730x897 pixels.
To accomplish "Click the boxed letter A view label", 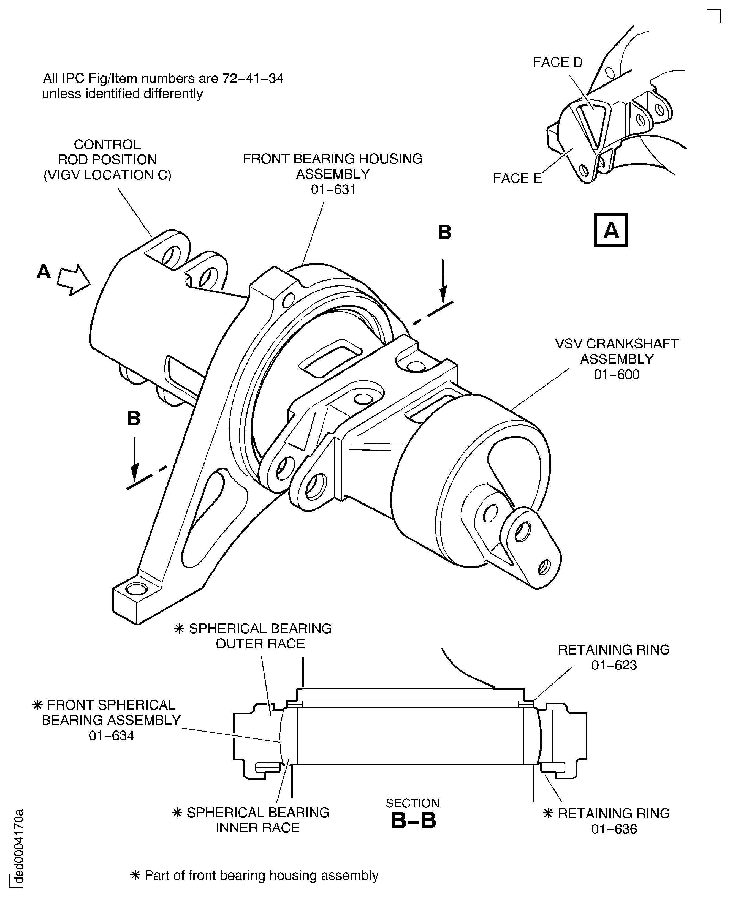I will (610, 230).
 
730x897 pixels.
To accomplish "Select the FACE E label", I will (517, 178).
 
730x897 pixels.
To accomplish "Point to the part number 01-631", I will (333, 190).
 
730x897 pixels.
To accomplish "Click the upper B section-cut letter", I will (444, 233).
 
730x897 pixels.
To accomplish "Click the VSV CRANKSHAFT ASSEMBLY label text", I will (617, 351).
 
